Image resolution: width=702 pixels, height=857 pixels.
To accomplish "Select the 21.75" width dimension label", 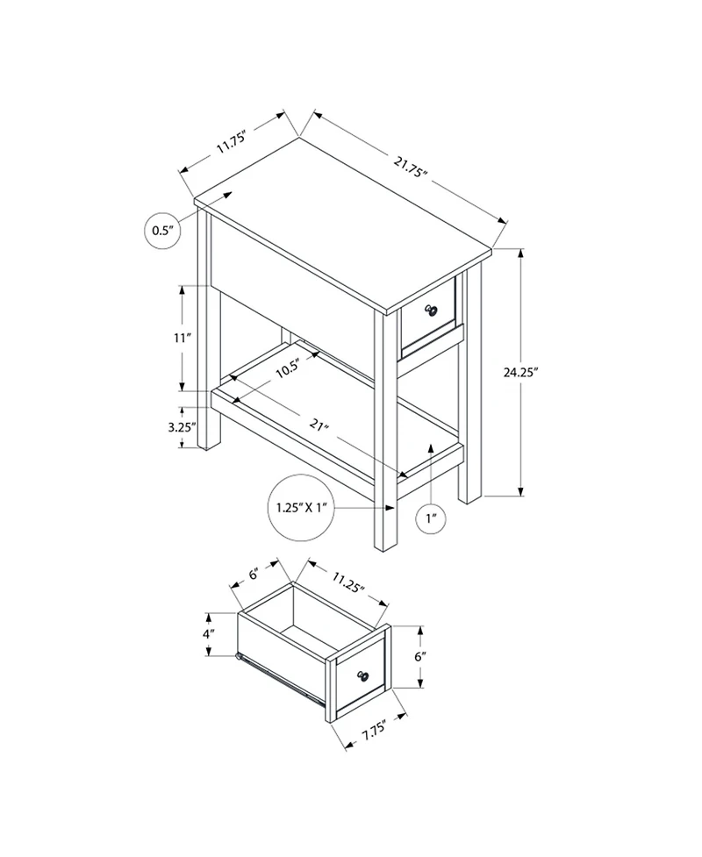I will click(x=410, y=166).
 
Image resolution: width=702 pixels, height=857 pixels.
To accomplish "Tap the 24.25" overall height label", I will click(x=544, y=372).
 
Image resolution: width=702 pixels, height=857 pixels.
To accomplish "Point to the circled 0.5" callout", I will click(x=161, y=231).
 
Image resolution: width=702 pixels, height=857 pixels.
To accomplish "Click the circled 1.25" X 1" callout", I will click(x=301, y=508).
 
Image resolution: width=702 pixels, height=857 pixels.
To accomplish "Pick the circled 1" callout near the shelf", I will click(x=431, y=519).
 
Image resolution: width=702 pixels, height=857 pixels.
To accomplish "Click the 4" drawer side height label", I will click(x=209, y=633).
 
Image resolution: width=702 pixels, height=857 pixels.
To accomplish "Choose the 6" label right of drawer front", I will click(x=420, y=656).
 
